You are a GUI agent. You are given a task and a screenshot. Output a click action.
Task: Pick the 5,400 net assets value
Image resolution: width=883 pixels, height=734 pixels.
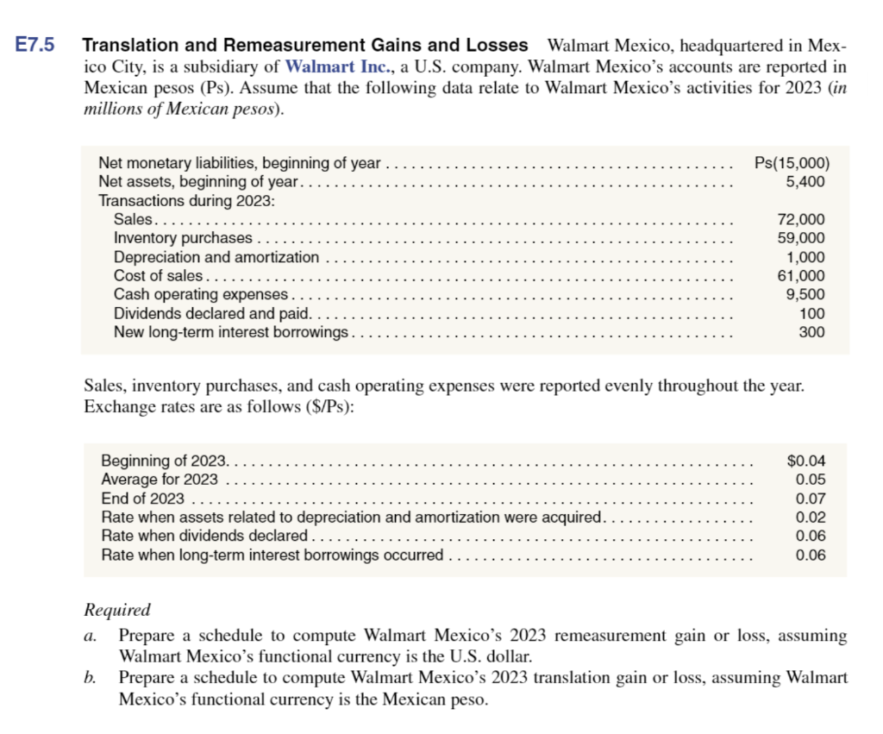(x=805, y=182)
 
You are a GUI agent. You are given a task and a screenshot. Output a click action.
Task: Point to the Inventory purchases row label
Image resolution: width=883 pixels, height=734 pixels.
(x=183, y=238)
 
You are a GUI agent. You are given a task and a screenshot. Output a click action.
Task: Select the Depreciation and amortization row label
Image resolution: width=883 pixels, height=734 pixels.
(x=216, y=257)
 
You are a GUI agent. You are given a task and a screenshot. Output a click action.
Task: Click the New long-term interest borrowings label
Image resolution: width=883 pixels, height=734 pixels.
(x=231, y=332)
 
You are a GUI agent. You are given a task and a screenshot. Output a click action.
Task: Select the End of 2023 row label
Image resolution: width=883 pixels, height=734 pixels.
(x=142, y=499)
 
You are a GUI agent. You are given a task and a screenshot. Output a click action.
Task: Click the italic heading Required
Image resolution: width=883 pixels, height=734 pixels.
(x=116, y=610)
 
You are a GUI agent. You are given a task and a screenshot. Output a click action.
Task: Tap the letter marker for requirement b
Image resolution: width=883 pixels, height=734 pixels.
(x=90, y=678)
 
